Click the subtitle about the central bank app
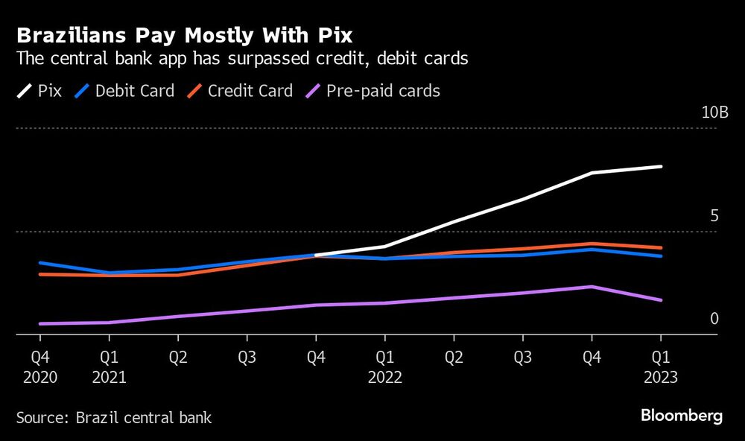pos(242,60)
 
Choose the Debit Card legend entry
pos(125,92)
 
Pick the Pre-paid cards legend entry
pos(373,92)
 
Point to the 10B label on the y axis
pos(714,112)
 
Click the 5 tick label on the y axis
pos(714,216)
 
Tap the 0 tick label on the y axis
pos(714,319)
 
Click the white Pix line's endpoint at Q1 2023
pos(661,167)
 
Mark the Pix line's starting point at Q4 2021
pos(316,256)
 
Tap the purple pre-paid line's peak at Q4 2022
pos(592,287)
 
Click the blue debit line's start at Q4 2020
pos(40,263)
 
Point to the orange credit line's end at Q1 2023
pos(661,248)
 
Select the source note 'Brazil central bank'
pos(113,417)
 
